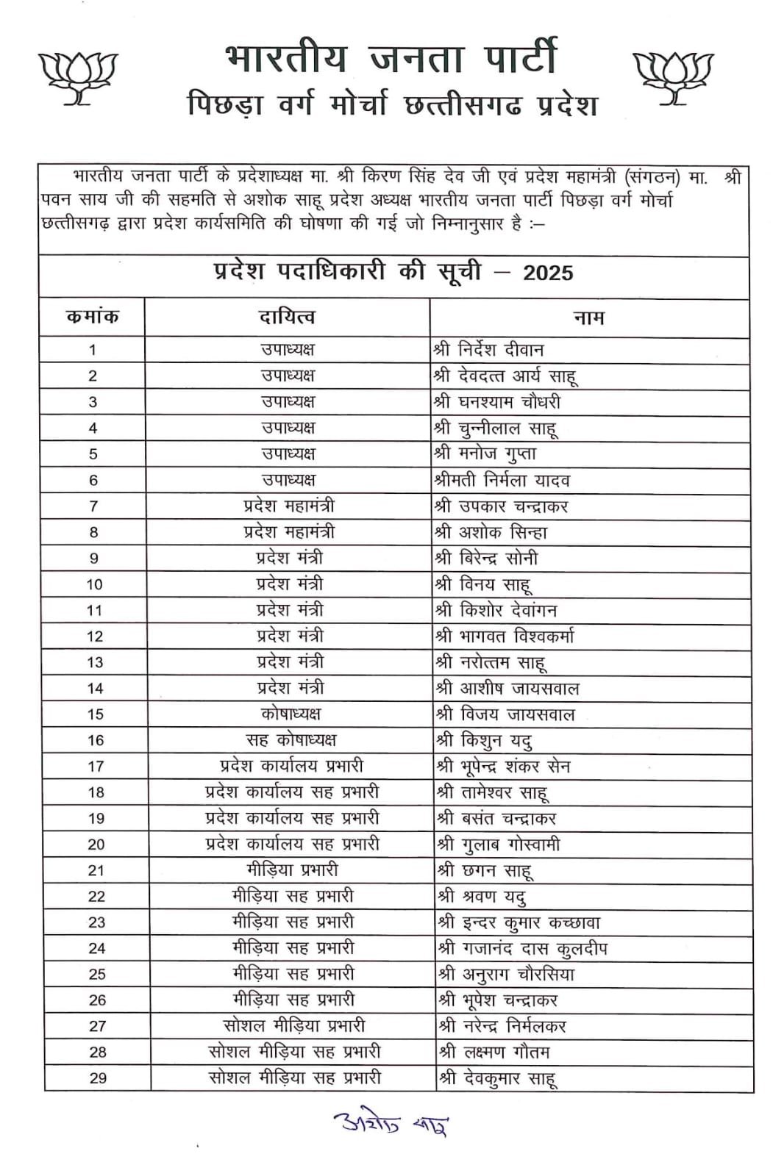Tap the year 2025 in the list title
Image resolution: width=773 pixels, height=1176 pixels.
548,273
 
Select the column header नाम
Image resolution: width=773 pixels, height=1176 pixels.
588,318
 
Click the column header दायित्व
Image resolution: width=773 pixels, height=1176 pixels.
287,318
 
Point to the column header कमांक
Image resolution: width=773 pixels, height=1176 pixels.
93,318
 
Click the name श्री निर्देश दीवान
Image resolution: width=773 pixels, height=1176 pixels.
489,350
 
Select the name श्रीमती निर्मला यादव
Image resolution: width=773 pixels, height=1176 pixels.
502,481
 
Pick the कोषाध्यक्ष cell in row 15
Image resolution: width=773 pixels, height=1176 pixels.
291,714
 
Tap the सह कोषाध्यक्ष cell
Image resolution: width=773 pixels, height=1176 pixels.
291,740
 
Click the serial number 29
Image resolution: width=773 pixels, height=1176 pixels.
98,1078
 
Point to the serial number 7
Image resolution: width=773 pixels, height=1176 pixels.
93,506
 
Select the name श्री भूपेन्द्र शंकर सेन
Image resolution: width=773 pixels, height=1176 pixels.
504,767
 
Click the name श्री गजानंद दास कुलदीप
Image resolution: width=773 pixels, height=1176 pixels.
523,949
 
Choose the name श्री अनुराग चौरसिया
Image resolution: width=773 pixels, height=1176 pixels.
507,975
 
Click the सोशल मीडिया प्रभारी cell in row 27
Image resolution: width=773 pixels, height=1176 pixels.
294,1026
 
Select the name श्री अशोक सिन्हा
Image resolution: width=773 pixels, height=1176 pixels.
491,532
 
